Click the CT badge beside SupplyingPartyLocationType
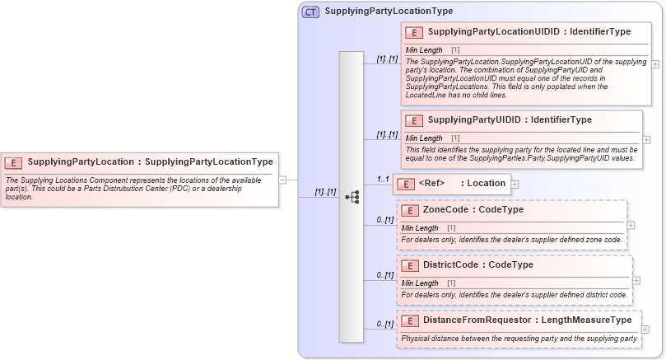(310, 12)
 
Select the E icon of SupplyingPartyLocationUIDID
(414, 32)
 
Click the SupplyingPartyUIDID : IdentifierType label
(510, 120)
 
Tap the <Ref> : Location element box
(452, 184)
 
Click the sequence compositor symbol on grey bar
(352, 197)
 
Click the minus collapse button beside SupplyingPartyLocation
(282, 179)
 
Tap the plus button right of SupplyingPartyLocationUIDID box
(655, 63)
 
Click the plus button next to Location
(515, 184)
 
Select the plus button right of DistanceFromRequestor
(645, 330)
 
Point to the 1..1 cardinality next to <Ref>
(383, 179)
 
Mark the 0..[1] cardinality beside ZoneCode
(384, 220)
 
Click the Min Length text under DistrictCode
(420, 283)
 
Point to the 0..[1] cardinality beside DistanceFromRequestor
(384, 325)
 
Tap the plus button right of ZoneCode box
(631, 224)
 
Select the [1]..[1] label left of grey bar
(325, 192)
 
